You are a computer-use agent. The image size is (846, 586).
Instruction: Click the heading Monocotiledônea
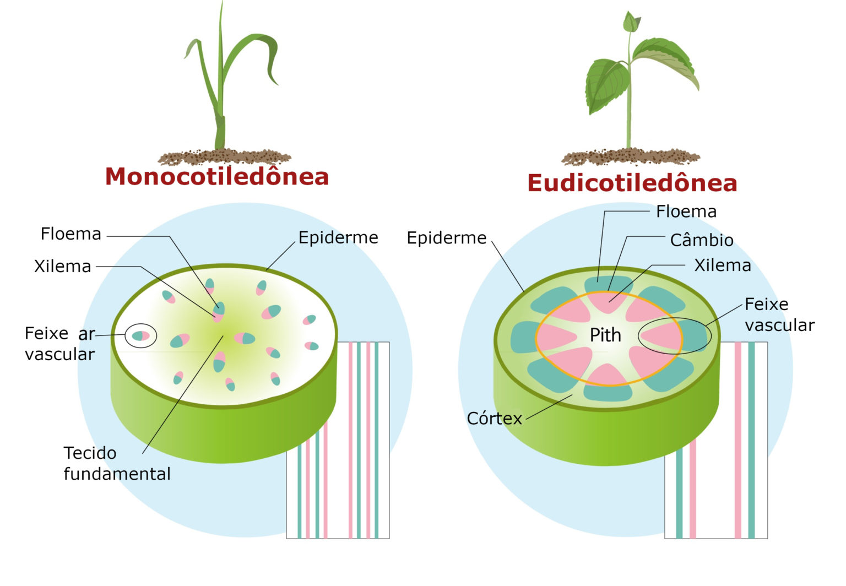click(217, 177)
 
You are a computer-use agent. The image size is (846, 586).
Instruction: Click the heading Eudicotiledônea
click(632, 183)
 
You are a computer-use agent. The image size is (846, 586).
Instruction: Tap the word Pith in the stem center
click(605, 335)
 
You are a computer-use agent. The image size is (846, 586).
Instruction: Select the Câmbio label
click(702, 240)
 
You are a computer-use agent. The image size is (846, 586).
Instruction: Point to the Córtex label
click(494, 419)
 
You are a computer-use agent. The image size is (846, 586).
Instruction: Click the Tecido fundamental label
click(117, 463)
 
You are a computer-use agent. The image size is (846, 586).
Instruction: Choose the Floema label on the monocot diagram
click(71, 234)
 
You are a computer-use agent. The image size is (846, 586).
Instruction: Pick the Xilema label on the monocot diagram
click(63, 267)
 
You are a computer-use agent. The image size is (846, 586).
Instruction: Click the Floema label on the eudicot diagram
click(686, 211)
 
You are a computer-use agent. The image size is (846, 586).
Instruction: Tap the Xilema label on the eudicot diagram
click(723, 265)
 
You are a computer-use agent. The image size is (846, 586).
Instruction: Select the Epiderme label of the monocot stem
click(338, 237)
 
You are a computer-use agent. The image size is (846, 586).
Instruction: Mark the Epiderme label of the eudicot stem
click(447, 238)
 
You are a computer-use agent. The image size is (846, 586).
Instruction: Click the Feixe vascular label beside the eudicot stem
click(779, 314)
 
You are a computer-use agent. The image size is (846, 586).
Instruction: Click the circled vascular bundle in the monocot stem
click(141, 336)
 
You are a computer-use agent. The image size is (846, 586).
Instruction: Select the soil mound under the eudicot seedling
click(631, 156)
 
